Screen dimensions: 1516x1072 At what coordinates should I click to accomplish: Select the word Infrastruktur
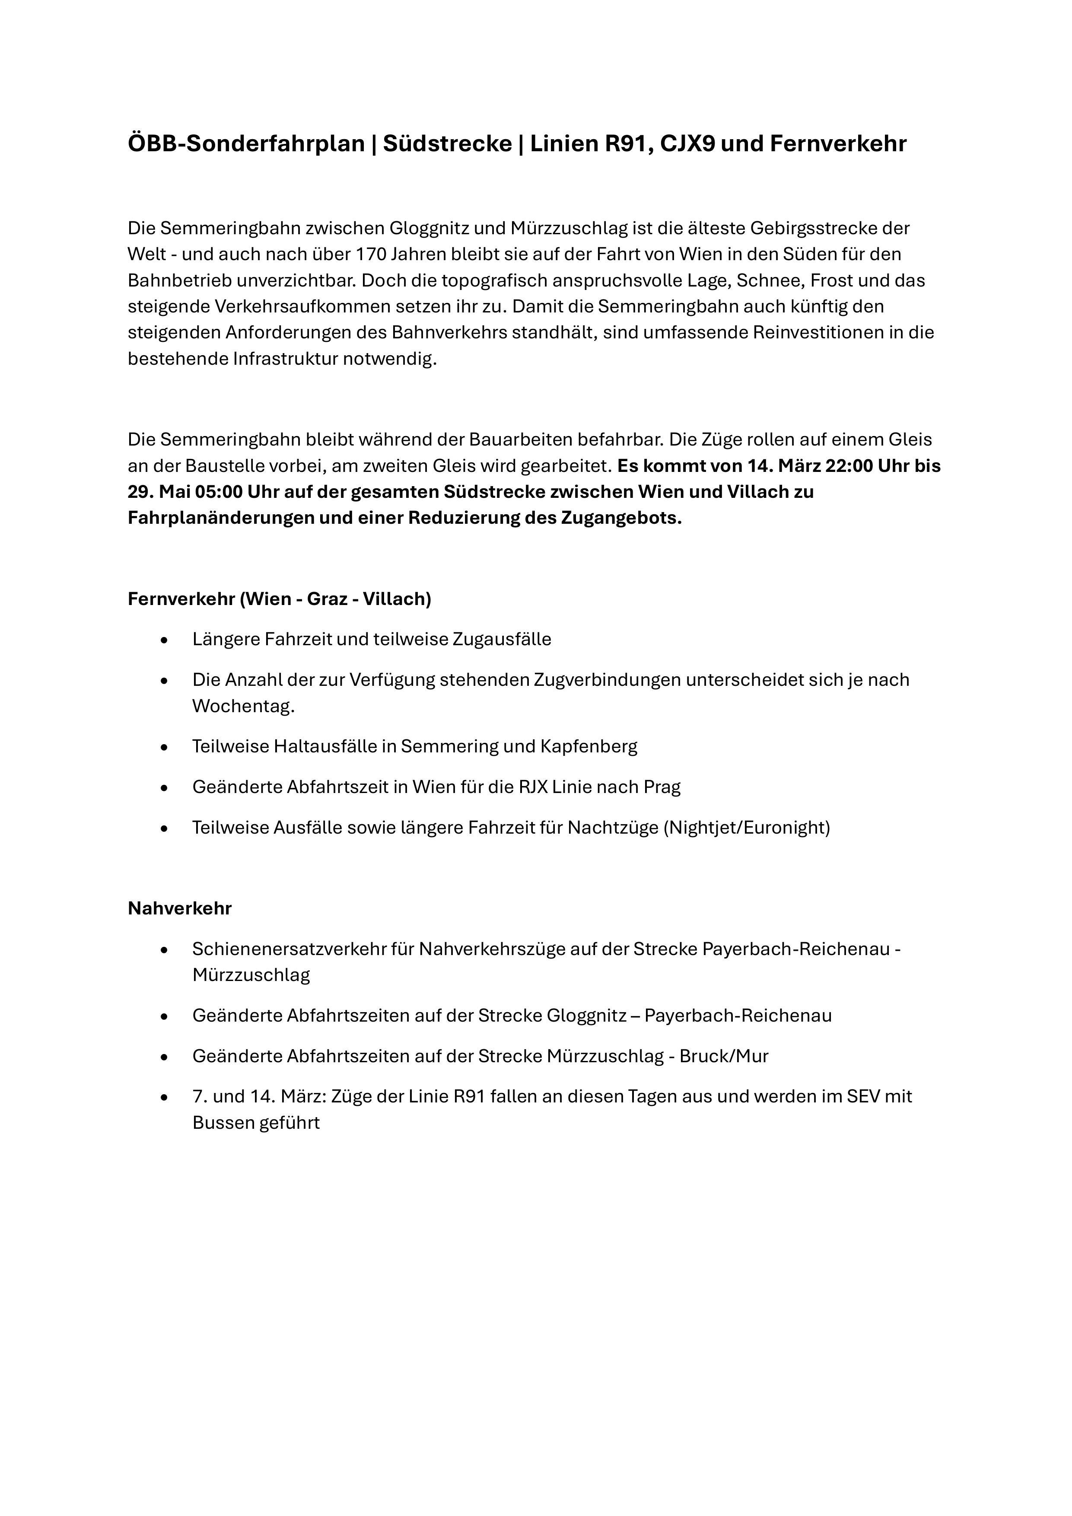[285, 359]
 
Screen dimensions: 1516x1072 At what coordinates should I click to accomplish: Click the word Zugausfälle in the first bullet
[502, 639]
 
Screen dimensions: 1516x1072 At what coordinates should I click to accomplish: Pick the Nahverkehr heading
[180, 908]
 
